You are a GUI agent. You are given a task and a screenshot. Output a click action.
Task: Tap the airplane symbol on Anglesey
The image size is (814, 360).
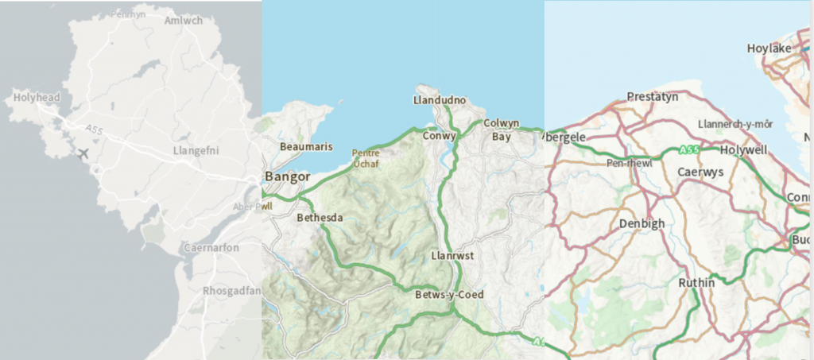tap(82, 153)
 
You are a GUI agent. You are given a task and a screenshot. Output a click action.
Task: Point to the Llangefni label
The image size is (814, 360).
tap(196, 150)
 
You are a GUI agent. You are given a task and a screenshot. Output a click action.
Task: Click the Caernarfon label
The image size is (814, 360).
tap(211, 248)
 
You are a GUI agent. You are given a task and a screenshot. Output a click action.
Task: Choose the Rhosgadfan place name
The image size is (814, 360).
tap(231, 290)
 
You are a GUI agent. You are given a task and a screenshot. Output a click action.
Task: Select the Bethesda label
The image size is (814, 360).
tap(320, 217)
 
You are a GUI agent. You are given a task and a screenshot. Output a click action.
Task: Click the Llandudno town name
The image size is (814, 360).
tap(440, 101)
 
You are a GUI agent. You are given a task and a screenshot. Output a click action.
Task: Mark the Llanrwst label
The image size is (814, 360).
tap(452, 257)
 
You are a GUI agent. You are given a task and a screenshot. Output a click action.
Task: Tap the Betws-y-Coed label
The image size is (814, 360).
tap(449, 295)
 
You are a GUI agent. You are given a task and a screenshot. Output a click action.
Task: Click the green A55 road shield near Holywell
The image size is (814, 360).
tap(689, 149)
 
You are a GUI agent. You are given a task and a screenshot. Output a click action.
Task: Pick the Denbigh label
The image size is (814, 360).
tap(642, 223)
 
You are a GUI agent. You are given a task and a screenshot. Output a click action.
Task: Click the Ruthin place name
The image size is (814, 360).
tap(697, 282)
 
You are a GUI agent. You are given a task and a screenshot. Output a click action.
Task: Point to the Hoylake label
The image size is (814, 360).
tap(769, 48)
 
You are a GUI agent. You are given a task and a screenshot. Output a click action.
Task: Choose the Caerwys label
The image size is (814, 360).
tap(700, 172)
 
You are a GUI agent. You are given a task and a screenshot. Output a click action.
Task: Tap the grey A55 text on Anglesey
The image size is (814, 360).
tap(94, 129)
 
